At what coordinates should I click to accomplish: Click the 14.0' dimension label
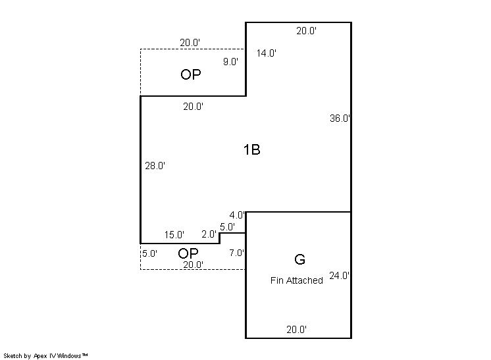pyautogui.click(x=266, y=53)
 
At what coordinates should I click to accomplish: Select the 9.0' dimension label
pyautogui.click(x=230, y=62)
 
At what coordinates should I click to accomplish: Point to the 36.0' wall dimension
pyautogui.click(x=340, y=118)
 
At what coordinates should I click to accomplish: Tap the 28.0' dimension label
pyautogui.click(x=155, y=166)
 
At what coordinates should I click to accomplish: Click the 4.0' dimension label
pyautogui.click(x=237, y=215)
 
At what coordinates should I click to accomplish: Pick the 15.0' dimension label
pyautogui.click(x=174, y=235)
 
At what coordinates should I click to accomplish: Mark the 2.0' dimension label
pyautogui.click(x=209, y=234)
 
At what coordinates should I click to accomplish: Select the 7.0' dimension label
pyautogui.click(x=236, y=253)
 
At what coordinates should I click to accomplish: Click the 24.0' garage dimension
pyautogui.click(x=339, y=276)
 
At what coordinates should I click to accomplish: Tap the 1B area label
pyautogui.click(x=252, y=149)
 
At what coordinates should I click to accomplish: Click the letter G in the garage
pyautogui.click(x=299, y=259)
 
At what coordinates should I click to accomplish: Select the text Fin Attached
pyautogui.click(x=297, y=280)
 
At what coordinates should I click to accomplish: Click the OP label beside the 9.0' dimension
pyautogui.click(x=191, y=74)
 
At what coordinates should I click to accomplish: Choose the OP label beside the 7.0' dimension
pyautogui.click(x=188, y=253)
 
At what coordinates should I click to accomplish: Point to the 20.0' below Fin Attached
pyautogui.click(x=297, y=329)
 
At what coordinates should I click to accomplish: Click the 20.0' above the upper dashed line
pyautogui.click(x=190, y=43)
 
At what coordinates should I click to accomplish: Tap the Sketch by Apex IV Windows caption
pyautogui.click(x=45, y=356)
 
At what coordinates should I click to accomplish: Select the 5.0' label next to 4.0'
pyautogui.click(x=227, y=226)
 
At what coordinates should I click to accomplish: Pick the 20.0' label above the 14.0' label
pyautogui.click(x=307, y=31)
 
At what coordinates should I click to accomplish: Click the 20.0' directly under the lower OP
pyautogui.click(x=194, y=265)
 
